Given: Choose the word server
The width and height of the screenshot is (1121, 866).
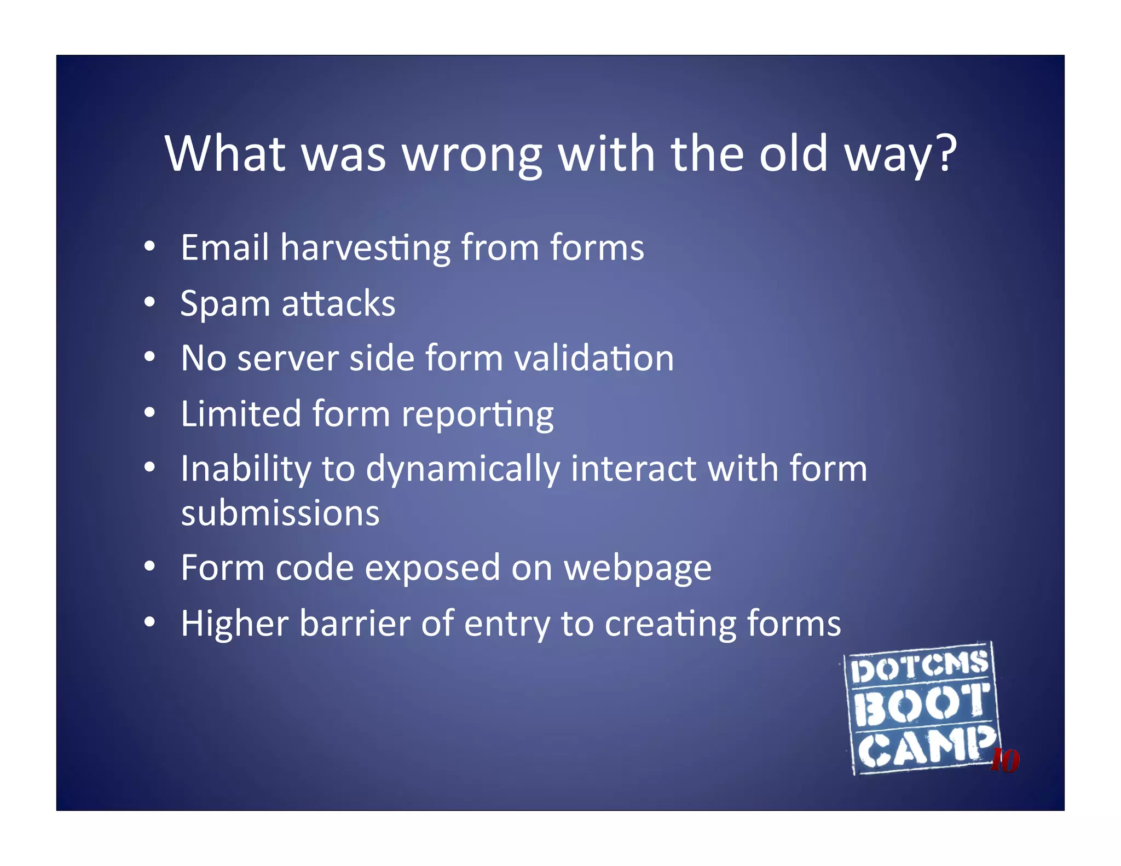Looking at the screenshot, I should (x=288, y=359).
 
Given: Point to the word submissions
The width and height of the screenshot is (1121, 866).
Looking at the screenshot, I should (x=280, y=513).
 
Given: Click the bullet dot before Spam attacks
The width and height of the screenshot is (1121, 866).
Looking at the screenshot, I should (x=149, y=302).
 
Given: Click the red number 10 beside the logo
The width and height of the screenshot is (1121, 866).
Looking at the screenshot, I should (x=1005, y=760).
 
